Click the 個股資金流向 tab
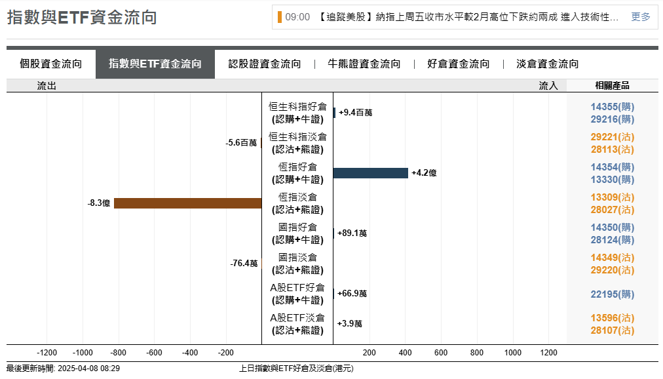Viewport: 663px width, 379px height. pos(51,64)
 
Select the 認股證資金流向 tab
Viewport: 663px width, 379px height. pos(265,64)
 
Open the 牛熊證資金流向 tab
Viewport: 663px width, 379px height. pos(364,64)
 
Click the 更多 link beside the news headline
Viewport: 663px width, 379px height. pos(641,17)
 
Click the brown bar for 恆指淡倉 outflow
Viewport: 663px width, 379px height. pos(187,203)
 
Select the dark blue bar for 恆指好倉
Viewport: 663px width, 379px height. pos(370,173)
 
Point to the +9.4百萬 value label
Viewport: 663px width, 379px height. pos(356,113)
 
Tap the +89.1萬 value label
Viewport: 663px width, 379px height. pos(352,233)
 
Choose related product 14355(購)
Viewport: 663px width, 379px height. pos(612,106)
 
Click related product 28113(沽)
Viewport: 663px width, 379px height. pos(612,150)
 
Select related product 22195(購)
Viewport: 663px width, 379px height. pos(612,294)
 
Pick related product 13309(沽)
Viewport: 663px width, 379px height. pos(612,197)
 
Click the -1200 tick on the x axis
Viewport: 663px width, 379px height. pos(47,353)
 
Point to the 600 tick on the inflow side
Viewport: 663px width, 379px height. pos(441,353)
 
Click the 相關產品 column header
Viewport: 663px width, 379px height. pos(612,85)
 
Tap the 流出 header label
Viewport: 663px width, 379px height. pos(47,85)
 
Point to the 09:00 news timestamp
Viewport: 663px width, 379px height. pos(297,17)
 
